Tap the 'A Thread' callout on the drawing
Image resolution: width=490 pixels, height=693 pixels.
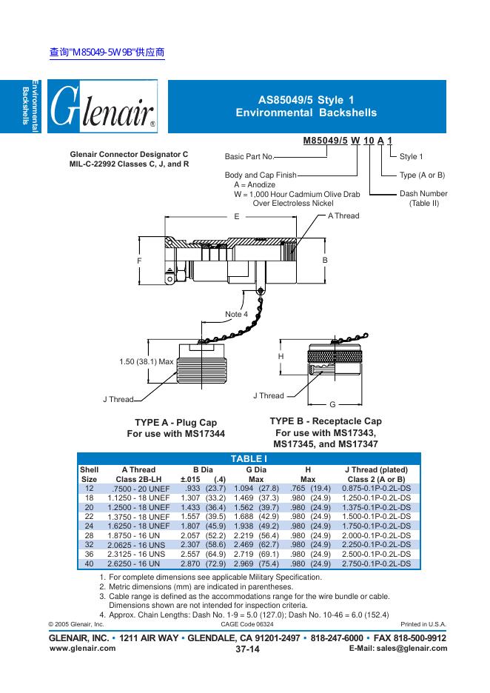pos(343,215)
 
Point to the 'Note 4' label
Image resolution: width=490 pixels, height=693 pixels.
pos(236,314)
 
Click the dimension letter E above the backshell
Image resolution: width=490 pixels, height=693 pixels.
pos(236,217)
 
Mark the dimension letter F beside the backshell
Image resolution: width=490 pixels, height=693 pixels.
pos(138,261)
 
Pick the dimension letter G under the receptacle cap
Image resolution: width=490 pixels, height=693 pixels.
pos(332,404)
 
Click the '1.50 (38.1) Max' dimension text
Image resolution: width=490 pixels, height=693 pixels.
pos(146,361)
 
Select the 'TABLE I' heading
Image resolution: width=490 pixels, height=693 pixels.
pos(249,459)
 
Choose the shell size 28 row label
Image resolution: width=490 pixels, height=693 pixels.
pos(89,534)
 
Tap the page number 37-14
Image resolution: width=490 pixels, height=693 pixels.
pos(246,649)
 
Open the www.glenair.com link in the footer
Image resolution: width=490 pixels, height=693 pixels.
pos(82,648)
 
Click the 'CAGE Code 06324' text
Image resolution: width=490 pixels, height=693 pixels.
pos(247,624)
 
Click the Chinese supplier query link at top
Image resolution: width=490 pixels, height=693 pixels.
pos(106,53)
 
